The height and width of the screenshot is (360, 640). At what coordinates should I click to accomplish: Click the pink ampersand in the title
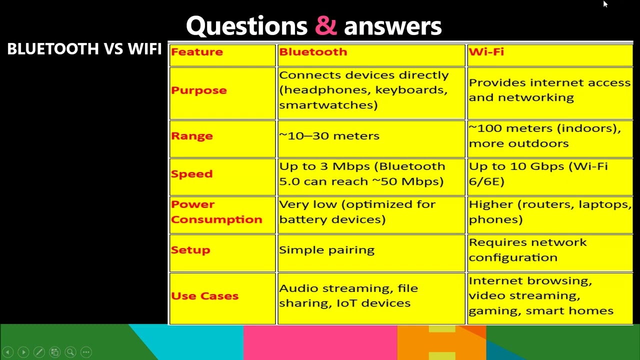pyautogui.click(x=326, y=26)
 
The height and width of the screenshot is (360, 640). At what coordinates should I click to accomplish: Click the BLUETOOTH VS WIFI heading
pyautogui.click(x=84, y=49)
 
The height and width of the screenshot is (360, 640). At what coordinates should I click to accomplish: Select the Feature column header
pyautogui.click(x=197, y=52)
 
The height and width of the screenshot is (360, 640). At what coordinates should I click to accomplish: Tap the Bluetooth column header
pyautogui.click(x=313, y=52)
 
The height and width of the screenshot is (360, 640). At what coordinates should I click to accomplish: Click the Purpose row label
pyautogui.click(x=199, y=90)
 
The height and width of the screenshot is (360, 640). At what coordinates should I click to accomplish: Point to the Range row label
pyautogui.click(x=192, y=136)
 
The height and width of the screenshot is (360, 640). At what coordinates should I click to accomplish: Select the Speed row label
pyautogui.click(x=192, y=174)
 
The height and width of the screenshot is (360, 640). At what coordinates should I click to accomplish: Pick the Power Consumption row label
pyautogui.click(x=216, y=212)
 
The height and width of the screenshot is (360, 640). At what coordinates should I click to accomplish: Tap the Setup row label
pyautogui.click(x=190, y=250)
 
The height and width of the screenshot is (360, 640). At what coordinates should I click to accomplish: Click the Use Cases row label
pyautogui.click(x=204, y=296)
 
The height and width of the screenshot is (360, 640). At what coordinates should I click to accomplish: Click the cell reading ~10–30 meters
pyautogui.click(x=329, y=136)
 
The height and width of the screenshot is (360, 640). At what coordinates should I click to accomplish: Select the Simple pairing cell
pyautogui.click(x=326, y=250)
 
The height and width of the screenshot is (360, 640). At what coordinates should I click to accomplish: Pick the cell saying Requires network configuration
pyautogui.click(x=527, y=250)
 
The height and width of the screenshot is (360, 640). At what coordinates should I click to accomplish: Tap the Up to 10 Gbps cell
pyautogui.click(x=538, y=174)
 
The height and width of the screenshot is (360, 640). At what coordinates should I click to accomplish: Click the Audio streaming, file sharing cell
pyautogui.click(x=348, y=296)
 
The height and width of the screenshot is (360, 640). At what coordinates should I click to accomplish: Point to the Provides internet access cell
pyautogui.click(x=549, y=90)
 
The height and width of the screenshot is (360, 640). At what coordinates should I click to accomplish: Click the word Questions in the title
pyautogui.click(x=246, y=26)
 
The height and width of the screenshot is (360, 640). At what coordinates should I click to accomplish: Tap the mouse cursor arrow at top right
pyautogui.click(x=605, y=4)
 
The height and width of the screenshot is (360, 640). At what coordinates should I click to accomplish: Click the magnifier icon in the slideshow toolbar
pyautogui.click(x=70, y=352)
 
